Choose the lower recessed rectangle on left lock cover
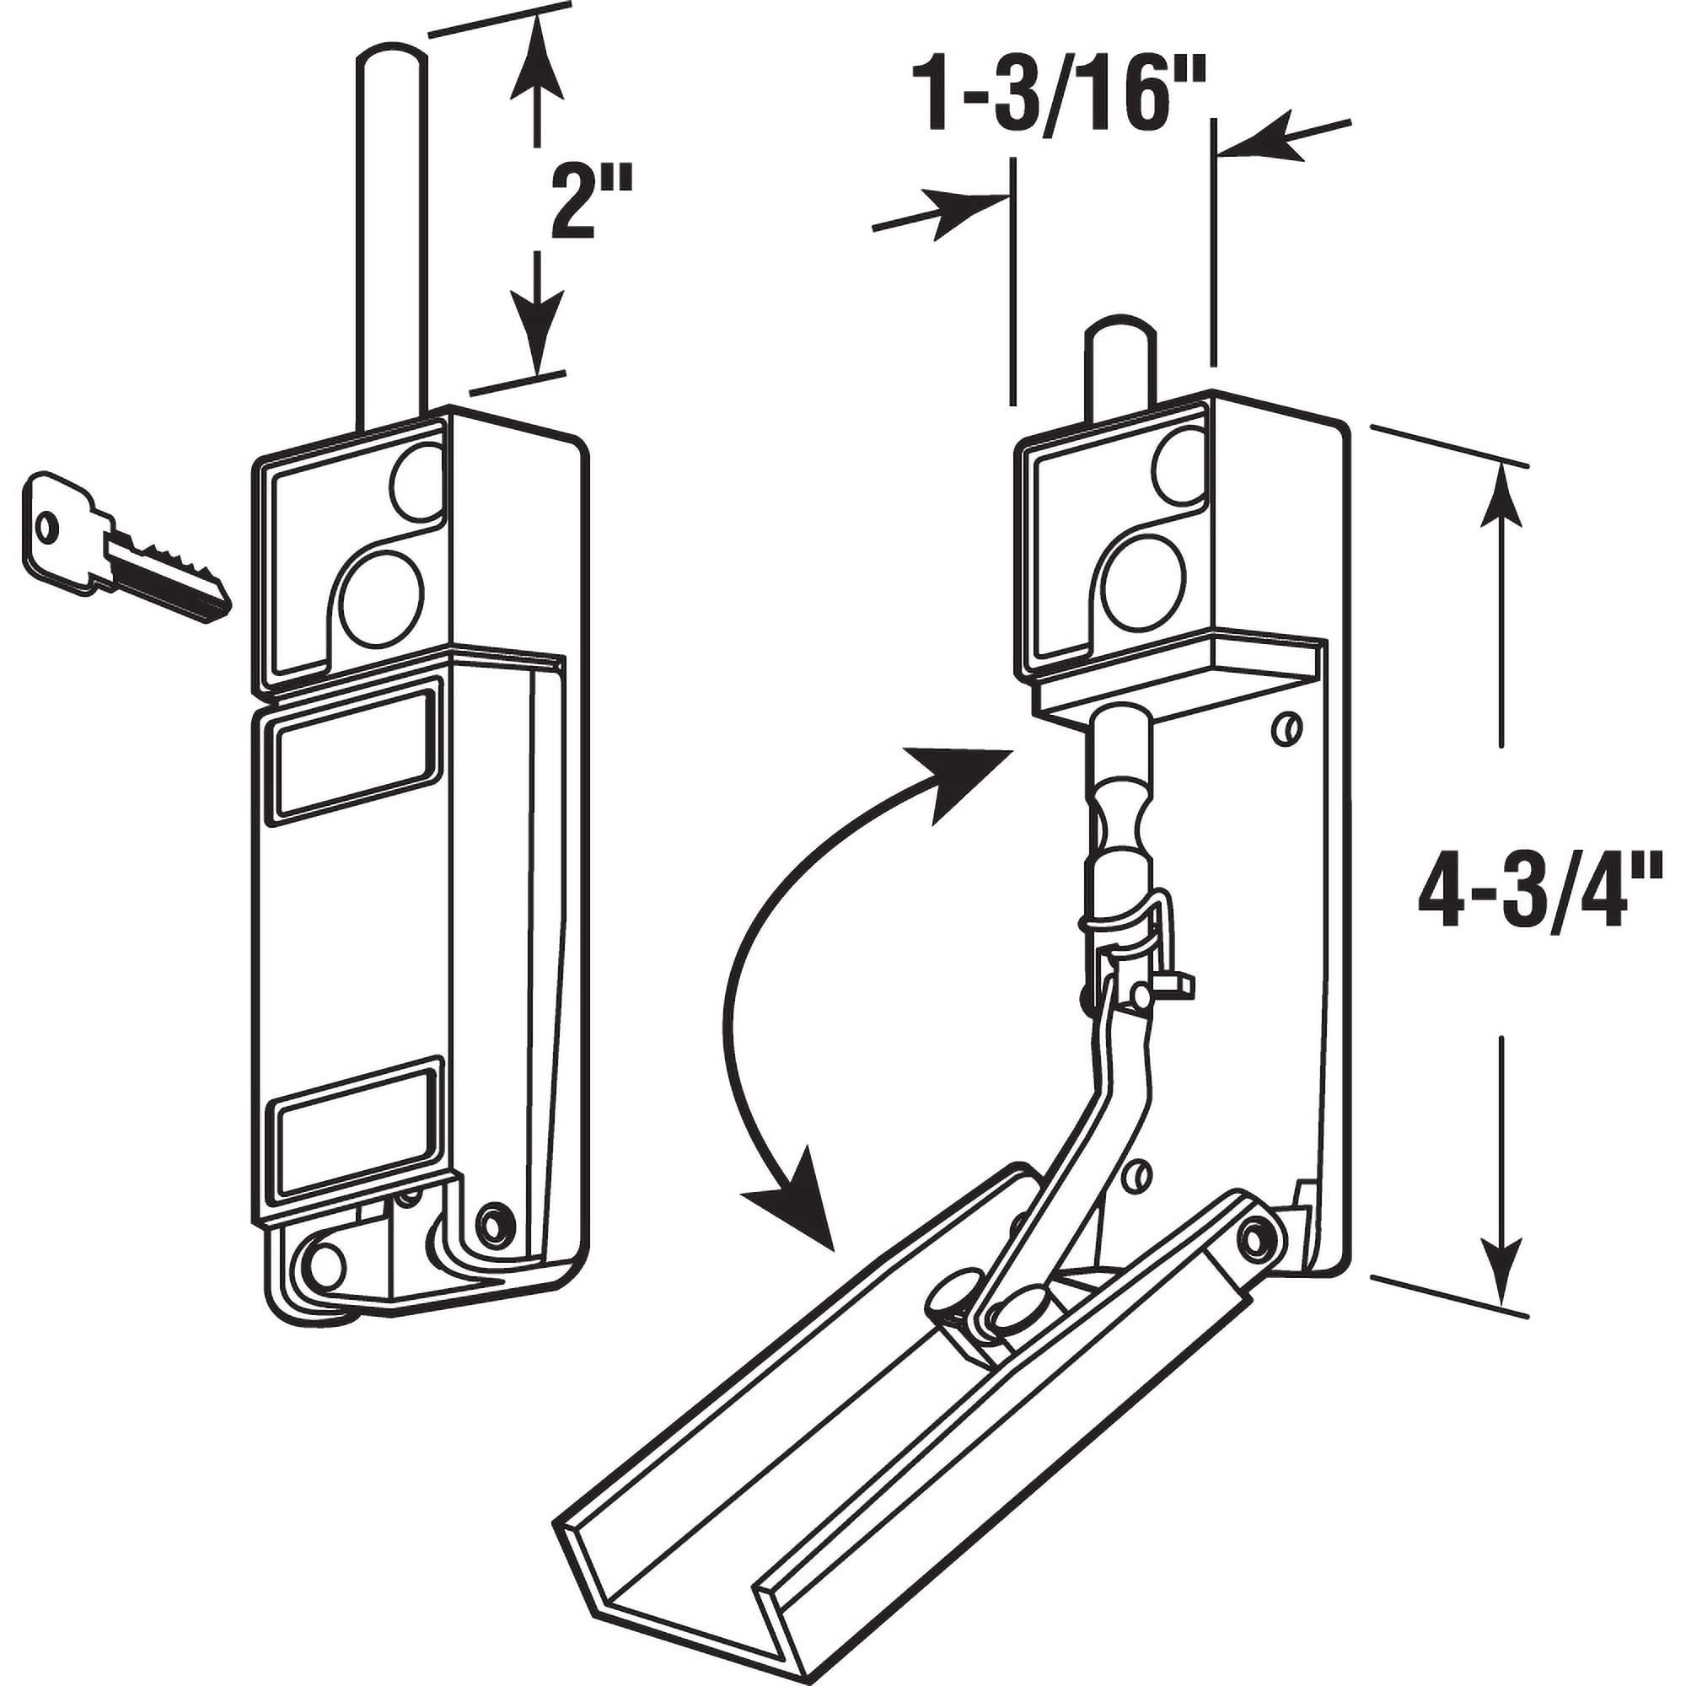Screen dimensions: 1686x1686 [x=354, y=1123]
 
